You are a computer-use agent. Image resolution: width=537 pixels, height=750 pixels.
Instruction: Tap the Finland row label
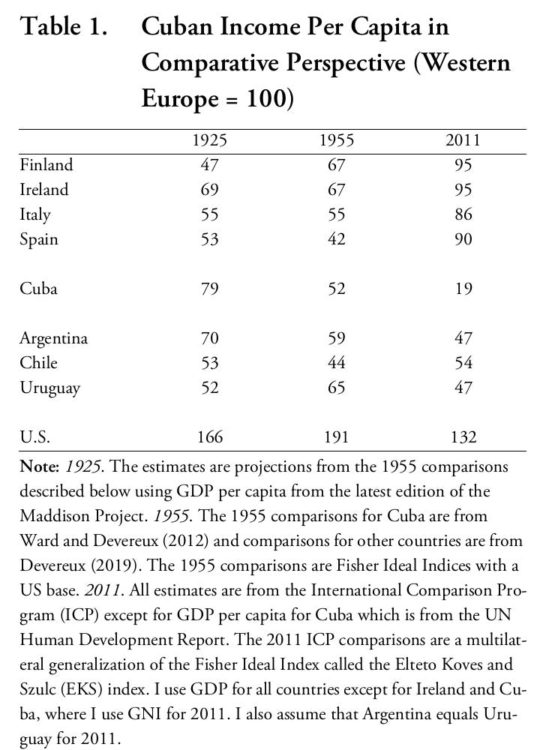tap(46, 165)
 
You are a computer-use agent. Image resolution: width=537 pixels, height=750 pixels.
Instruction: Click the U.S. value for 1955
tap(336, 436)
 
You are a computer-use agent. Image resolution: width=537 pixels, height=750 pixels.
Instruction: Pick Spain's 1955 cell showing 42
tap(336, 239)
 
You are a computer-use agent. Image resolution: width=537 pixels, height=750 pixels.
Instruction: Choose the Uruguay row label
tap(49, 388)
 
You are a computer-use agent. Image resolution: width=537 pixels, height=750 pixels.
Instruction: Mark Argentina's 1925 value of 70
tap(209, 338)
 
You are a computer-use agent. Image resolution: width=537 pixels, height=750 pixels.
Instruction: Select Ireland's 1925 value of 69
tap(209, 190)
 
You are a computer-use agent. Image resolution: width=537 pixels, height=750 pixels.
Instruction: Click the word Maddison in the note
tap(53, 516)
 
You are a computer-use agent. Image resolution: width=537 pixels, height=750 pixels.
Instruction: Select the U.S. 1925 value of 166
tap(209, 436)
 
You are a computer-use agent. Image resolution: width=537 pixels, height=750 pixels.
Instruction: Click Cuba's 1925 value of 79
tap(209, 289)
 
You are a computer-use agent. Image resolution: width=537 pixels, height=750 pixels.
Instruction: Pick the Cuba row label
tap(38, 289)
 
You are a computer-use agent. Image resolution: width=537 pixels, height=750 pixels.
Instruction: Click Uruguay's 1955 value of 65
tap(336, 388)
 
